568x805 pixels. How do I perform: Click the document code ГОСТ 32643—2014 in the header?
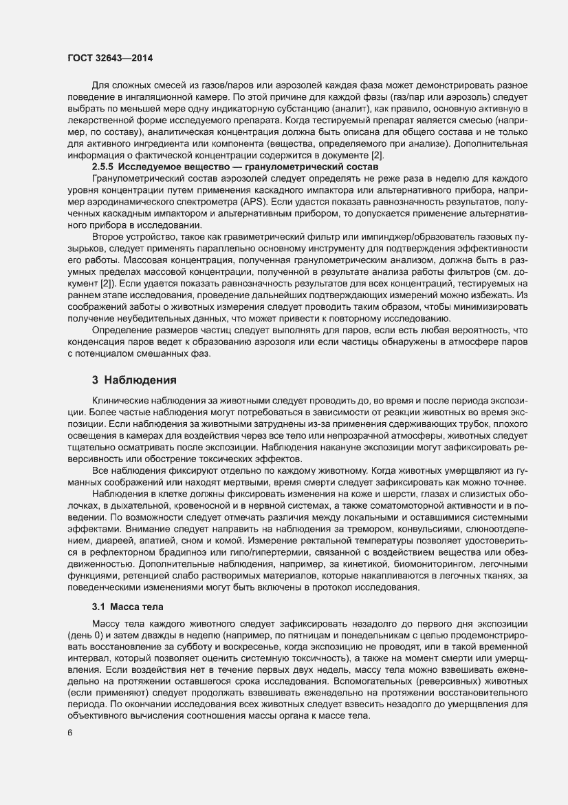(111, 58)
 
